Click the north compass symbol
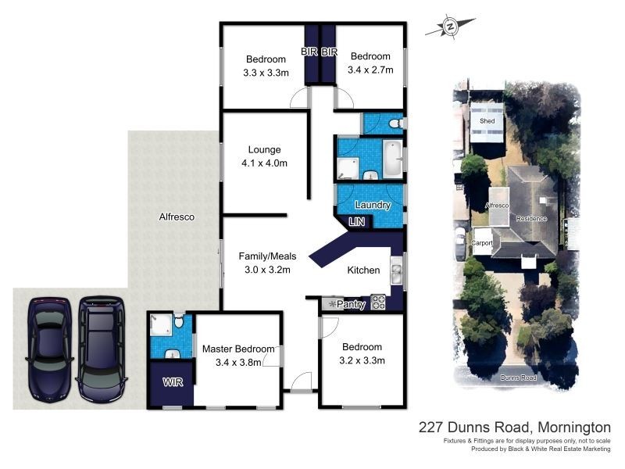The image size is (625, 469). [450, 27]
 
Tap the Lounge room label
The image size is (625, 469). [264, 149]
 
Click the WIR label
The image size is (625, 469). [173, 383]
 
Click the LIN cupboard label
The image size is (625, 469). [357, 222]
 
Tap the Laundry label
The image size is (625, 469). [373, 205]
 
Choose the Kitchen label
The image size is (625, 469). [363, 270]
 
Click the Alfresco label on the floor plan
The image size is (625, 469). [177, 217]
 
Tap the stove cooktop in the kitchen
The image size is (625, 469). [378, 302]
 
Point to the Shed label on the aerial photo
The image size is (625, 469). [487, 122]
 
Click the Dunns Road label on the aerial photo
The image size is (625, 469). [518, 378]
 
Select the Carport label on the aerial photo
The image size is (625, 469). [481, 243]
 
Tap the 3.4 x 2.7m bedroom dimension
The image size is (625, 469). [370, 70]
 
